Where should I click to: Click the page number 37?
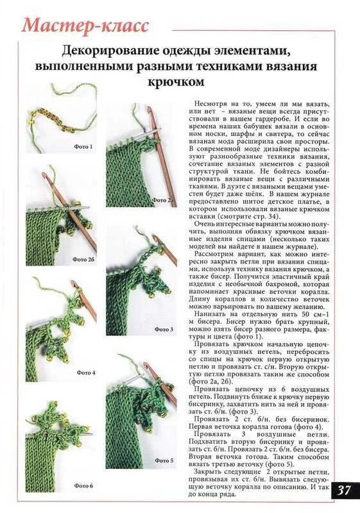pyautogui.click(x=344, y=491)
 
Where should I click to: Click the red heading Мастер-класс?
pyautogui.click(x=86, y=26)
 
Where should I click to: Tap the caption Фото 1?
pyautogui.click(x=83, y=147)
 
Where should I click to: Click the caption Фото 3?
pyautogui.click(x=164, y=329)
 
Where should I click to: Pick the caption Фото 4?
pyautogui.click(x=86, y=372)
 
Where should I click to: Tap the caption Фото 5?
pyautogui.click(x=164, y=460)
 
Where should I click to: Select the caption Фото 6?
pyautogui.click(x=83, y=485)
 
